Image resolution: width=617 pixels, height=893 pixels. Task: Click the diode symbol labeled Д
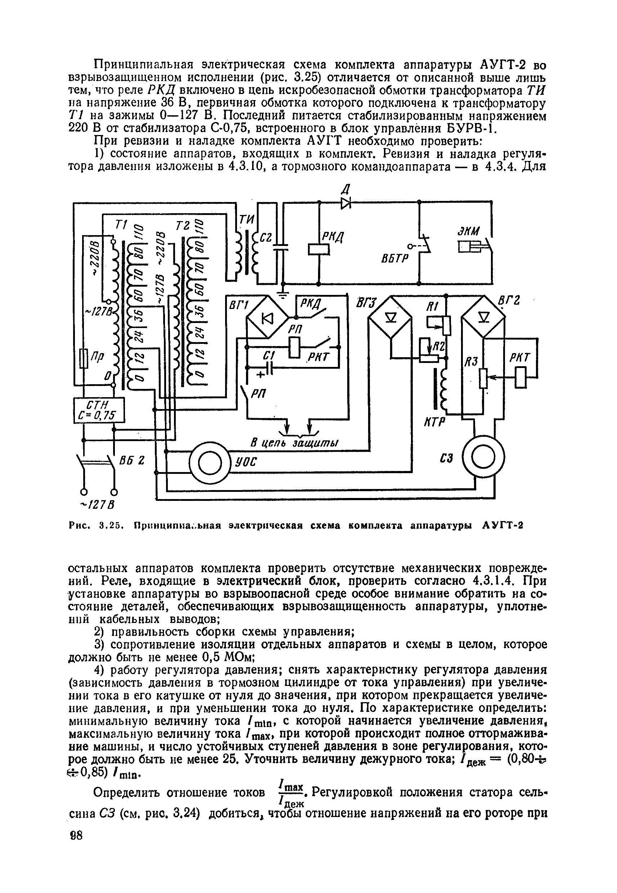[345, 203]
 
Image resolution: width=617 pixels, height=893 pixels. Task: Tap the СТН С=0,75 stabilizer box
[99, 410]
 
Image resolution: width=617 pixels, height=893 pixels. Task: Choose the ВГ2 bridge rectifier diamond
[484, 317]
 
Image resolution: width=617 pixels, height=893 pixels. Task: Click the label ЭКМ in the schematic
[468, 231]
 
